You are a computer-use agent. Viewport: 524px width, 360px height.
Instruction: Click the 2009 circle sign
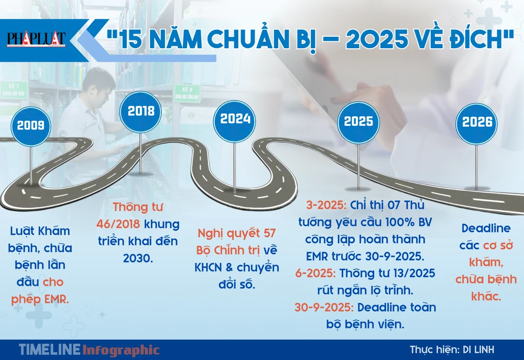click(30, 125)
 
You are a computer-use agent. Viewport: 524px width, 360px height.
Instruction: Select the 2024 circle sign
click(235, 119)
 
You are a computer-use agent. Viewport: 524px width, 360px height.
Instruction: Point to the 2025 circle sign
click(358, 122)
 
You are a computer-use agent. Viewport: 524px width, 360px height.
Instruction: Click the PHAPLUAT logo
click(36, 39)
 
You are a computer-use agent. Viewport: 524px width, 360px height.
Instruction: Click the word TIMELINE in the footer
click(49, 350)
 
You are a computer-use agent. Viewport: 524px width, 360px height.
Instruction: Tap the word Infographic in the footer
click(121, 350)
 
